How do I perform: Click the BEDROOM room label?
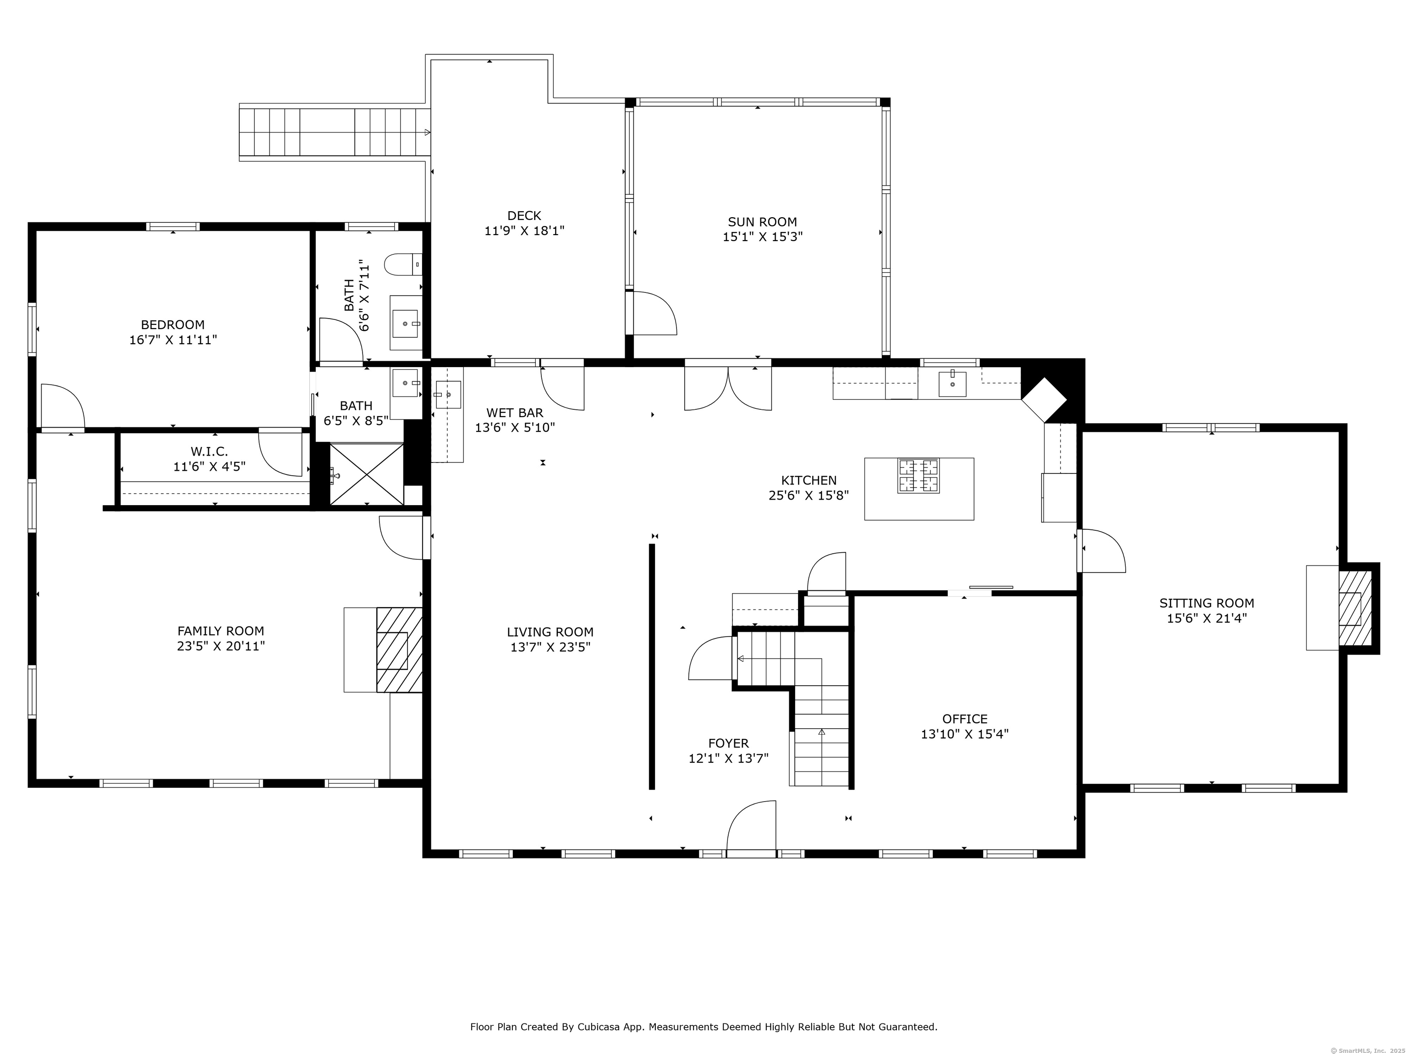(172, 324)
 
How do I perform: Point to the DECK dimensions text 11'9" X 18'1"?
(524, 231)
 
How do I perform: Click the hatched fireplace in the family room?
(399, 650)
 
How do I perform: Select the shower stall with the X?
(366, 475)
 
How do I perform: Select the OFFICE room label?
(964, 719)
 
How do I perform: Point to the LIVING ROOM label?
(550, 632)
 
